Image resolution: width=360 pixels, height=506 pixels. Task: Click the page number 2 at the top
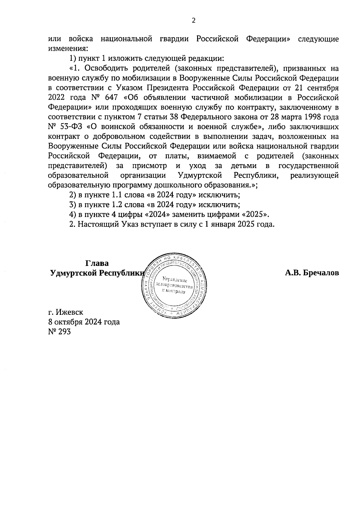[x=193, y=21]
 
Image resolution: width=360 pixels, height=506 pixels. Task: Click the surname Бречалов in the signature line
[x=321, y=273]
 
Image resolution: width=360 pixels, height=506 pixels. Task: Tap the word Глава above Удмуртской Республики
[x=97, y=263]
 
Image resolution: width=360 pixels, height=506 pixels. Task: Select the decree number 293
[x=65, y=332]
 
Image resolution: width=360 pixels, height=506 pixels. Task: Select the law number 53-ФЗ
[x=70, y=127]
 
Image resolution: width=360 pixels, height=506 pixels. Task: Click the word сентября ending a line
[x=323, y=88]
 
